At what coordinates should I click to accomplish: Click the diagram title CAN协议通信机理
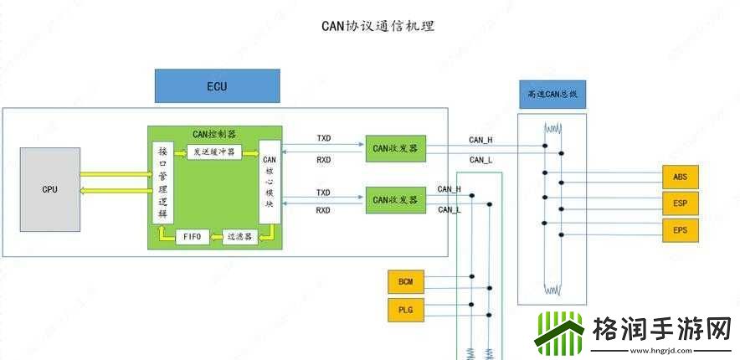[378, 27]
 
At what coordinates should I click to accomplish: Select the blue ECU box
[217, 86]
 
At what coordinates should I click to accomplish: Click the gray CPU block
[50, 189]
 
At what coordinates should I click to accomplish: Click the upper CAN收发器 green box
[396, 148]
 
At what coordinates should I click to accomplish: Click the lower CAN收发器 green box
[396, 200]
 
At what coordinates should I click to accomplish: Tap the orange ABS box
[680, 177]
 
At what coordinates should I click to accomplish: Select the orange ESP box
[680, 203]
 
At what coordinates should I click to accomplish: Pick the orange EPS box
[680, 230]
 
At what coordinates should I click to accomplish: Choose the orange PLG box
[406, 311]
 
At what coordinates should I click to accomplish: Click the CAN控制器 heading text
[213, 133]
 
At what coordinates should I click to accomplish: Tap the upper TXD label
[323, 137]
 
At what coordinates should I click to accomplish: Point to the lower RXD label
[323, 210]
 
